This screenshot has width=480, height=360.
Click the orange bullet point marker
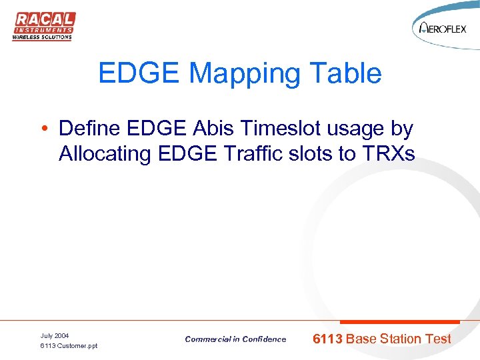click(43, 128)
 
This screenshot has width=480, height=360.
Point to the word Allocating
click(105, 154)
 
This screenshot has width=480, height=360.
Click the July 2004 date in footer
click(55, 335)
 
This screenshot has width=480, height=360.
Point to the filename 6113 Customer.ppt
click(69, 346)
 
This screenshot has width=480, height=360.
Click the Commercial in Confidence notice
click(235, 339)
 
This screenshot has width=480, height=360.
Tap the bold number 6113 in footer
click(328, 339)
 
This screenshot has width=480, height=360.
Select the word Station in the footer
click(402, 339)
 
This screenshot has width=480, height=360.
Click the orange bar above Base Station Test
click(395, 322)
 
